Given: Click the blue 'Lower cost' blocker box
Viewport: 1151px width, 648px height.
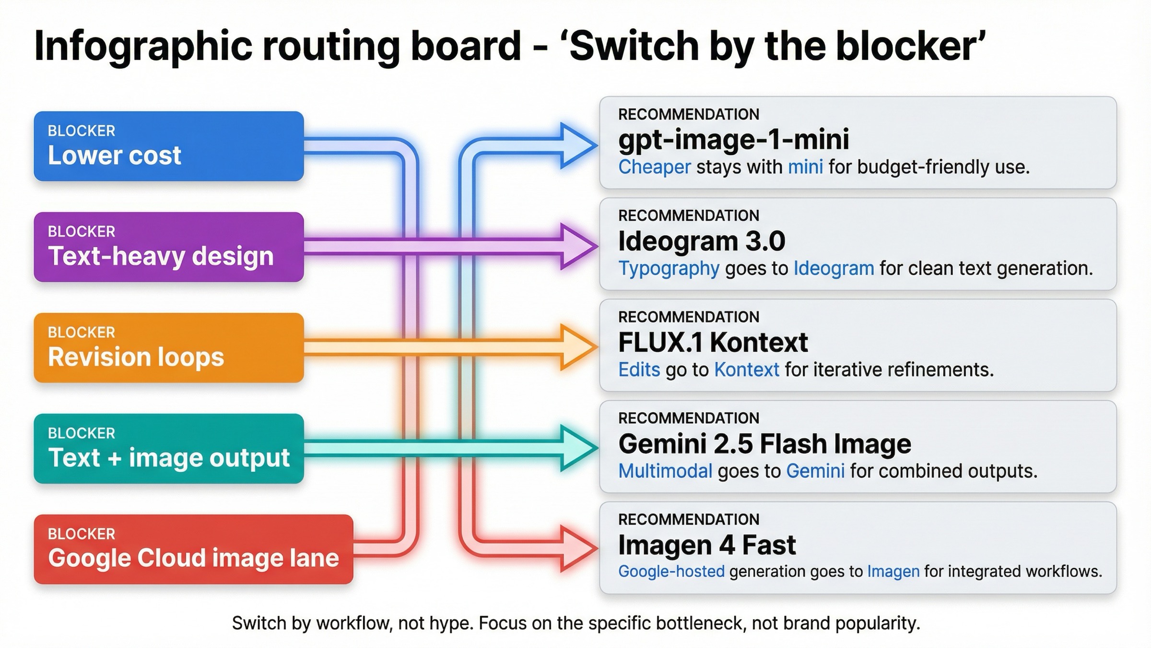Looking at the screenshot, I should [168, 146].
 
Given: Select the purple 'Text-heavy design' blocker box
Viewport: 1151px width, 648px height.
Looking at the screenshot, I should [168, 247].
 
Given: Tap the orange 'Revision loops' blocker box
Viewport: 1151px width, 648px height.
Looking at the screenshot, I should [168, 348].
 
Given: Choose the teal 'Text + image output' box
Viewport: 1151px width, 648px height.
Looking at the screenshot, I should [168, 449].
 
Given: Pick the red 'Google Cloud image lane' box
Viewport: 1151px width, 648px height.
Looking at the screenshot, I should [193, 550].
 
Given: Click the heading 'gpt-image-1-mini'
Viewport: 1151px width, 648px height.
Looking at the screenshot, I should [733, 140].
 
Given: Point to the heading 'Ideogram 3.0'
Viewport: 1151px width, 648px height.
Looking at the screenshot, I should [701, 241].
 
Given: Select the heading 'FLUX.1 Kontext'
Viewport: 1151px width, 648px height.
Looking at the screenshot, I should [713, 342].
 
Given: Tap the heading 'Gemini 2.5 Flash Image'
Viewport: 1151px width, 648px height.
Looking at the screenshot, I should [764, 444].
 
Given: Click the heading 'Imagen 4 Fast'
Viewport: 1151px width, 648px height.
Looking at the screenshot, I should [707, 545].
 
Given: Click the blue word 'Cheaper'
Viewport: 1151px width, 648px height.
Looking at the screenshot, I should [654, 167].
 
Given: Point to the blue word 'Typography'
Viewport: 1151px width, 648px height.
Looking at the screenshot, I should [669, 268].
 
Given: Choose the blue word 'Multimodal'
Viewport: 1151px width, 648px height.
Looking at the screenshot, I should [665, 471].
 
